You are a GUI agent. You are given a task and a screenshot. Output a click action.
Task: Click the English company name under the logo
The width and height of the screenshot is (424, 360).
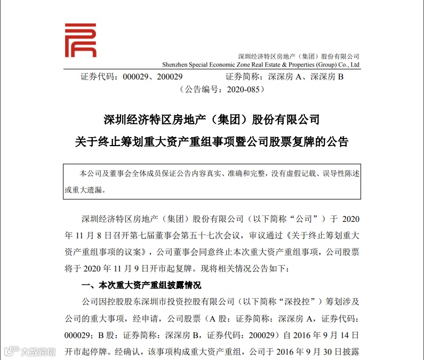coord(261,65)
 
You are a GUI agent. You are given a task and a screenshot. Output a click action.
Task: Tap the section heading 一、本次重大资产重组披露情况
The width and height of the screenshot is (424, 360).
coord(141,285)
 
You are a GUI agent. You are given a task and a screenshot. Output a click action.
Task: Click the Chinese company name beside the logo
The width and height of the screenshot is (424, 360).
coord(298,56)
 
